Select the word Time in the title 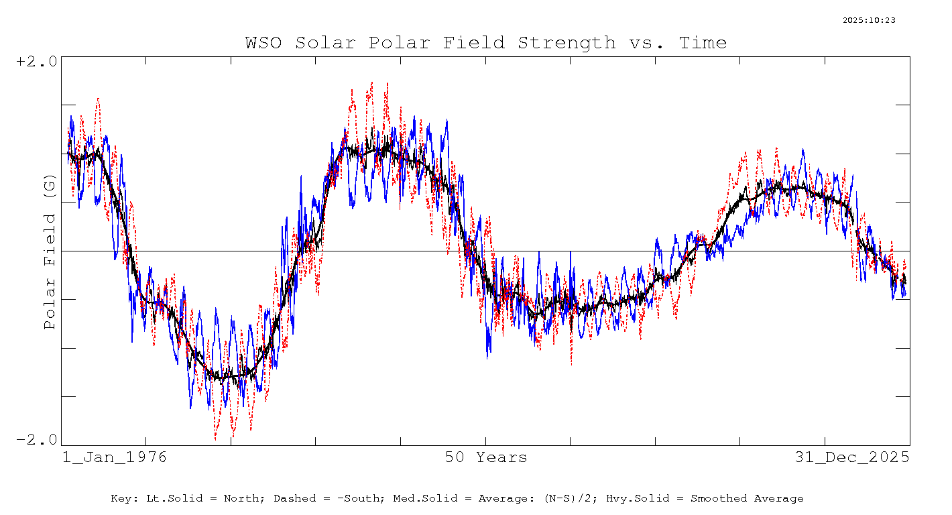point(703,43)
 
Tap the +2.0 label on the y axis point(37,61)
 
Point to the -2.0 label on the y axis point(37,440)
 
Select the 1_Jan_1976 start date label point(114,458)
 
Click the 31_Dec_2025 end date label point(852,458)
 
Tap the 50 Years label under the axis point(486,458)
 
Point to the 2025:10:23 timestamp point(869,20)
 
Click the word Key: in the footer point(126,499)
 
